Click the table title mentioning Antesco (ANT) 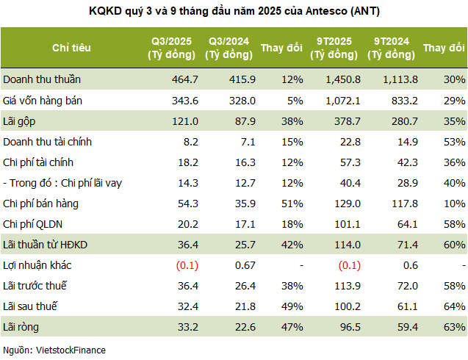pyautogui.click(x=234, y=11)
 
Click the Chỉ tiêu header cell pyautogui.click(x=71, y=48)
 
